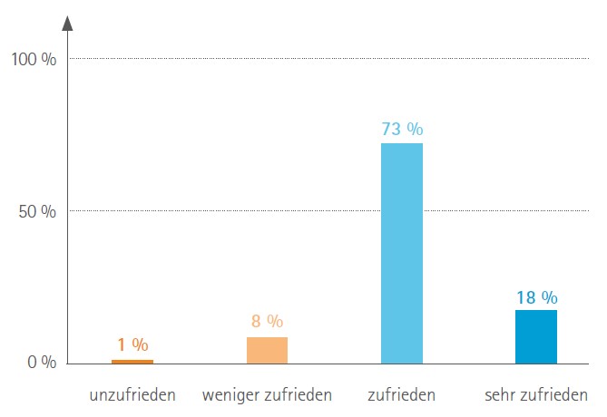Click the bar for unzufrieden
click(132, 361)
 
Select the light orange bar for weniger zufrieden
click(267, 350)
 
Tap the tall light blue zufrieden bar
click(401, 253)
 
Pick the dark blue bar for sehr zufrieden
click(535, 336)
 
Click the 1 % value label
click(132, 344)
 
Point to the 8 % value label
click(267, 321)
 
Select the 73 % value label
click(402, 129)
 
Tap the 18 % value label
click(536, 296)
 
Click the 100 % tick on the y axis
click(34, 60)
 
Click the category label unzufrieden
click(132, 395)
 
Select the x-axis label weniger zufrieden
click(267, 395)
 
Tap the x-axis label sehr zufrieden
click(535, 395)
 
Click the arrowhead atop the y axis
click(68, 23)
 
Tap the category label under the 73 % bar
click(401, 395)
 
